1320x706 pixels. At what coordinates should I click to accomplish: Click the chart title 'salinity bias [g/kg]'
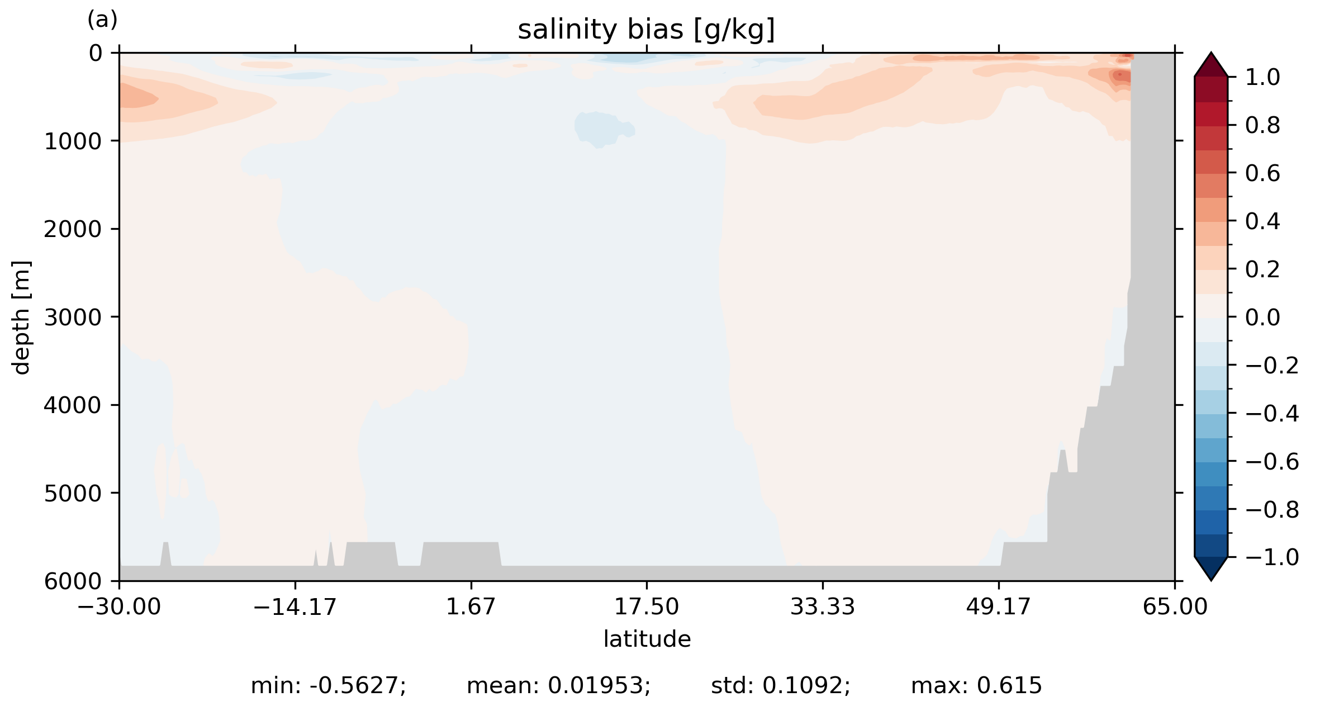[x=646, y=30]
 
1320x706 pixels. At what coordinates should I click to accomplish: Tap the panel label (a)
[x=102, y=20]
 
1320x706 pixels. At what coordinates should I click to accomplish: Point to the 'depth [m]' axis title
[x=21, y=317]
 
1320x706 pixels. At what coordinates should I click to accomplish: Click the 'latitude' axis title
[x=647, y=639]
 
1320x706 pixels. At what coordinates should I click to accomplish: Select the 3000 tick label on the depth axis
[x=73, y=318]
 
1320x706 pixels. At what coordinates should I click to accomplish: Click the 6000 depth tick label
[x=73, y=581]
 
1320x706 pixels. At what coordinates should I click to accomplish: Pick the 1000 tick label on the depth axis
[x=73, y=141]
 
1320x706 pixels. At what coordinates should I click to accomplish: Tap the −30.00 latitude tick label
[x=119, y=607]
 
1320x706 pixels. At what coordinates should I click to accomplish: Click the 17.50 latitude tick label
[x=647, y=607]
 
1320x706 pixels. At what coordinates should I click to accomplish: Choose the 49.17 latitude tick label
[x=998, y=607]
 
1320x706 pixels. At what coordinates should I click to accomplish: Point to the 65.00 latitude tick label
[x=1175, y=607]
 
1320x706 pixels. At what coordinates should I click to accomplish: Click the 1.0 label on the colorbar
[x=1262, y=78]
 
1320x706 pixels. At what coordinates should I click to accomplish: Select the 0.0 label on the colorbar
[x=1262, y=318]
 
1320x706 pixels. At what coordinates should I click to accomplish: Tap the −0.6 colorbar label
[x=1272, y=462]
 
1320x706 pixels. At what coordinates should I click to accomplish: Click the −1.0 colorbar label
[x=1272, y=557]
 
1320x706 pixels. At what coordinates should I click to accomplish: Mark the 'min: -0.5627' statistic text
[x=328, y=686]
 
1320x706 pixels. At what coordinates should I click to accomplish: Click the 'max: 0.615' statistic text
[x=976, y=686]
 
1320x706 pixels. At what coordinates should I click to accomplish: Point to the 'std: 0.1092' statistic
[x=780, y=686]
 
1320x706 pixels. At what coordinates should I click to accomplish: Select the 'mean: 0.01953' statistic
[x=558, y=686]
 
